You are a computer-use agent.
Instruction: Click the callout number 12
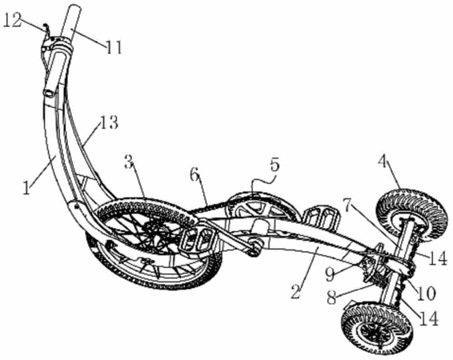[13, 21]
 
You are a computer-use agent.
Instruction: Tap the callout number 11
[114, 47]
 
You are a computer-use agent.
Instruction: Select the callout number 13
[109, 122]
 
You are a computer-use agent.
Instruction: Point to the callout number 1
[27, 187]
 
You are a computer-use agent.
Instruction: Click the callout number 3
[129, 162]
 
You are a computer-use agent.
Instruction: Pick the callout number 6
[195, 174]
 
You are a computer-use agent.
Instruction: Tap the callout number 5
[275, 165]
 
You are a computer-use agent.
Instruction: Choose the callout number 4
[383, 162]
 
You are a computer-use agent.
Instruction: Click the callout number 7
[347, 206]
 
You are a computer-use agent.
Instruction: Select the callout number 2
[295, 291]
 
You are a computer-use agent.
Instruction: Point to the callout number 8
[332, 298]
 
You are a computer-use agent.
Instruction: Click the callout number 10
[426, 293]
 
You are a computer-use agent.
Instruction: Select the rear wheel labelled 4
[412, 213]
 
